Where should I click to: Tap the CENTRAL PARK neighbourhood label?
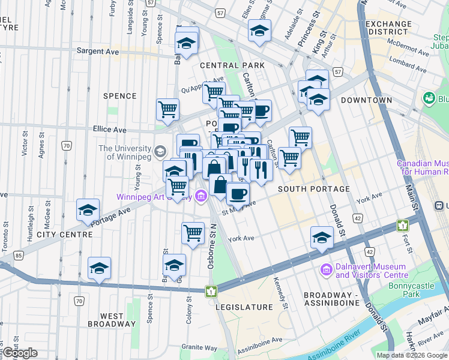[x=224, y=65]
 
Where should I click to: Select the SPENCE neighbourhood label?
[x=120, y=96]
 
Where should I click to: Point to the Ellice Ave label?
[x=109, y=129]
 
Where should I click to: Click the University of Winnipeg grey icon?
[x=160, y=151]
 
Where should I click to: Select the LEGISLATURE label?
[x=249, y=307]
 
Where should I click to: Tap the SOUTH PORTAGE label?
[x=314, y=189]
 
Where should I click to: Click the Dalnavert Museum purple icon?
[x=327, y=271]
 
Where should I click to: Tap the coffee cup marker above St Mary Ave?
[x=238, y=194]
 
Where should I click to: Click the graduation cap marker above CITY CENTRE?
[x=88, y=211]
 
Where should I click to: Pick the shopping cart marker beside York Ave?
[x=193, y=232]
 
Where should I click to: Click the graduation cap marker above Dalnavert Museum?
[x=322, y=238]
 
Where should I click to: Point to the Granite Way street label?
[x=200, y=347]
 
